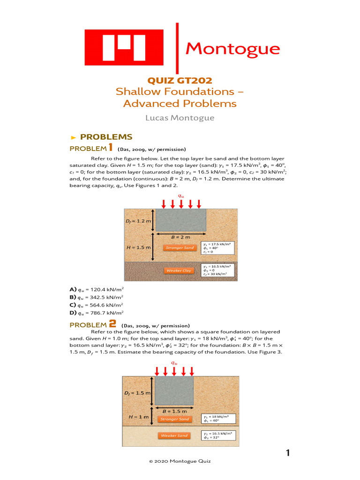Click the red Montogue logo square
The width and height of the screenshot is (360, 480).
tap(124, 47)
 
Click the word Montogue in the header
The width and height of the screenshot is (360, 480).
tap(233, 48)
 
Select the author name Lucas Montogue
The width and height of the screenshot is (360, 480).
tap(180, 118)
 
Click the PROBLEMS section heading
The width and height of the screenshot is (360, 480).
tap(106, 137)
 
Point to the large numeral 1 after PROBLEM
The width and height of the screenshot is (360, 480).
tap(111, 148)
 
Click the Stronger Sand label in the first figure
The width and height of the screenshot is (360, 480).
tap(179, 247)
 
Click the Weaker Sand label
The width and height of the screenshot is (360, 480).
tap(174, 435)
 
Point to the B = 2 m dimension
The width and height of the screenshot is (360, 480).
tap(180, 238)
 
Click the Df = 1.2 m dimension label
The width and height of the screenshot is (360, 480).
tap(138, 220)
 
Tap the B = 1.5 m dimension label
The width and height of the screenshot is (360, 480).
tap(174, 412)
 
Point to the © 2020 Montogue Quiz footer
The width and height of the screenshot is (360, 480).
tap(180, 462)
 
